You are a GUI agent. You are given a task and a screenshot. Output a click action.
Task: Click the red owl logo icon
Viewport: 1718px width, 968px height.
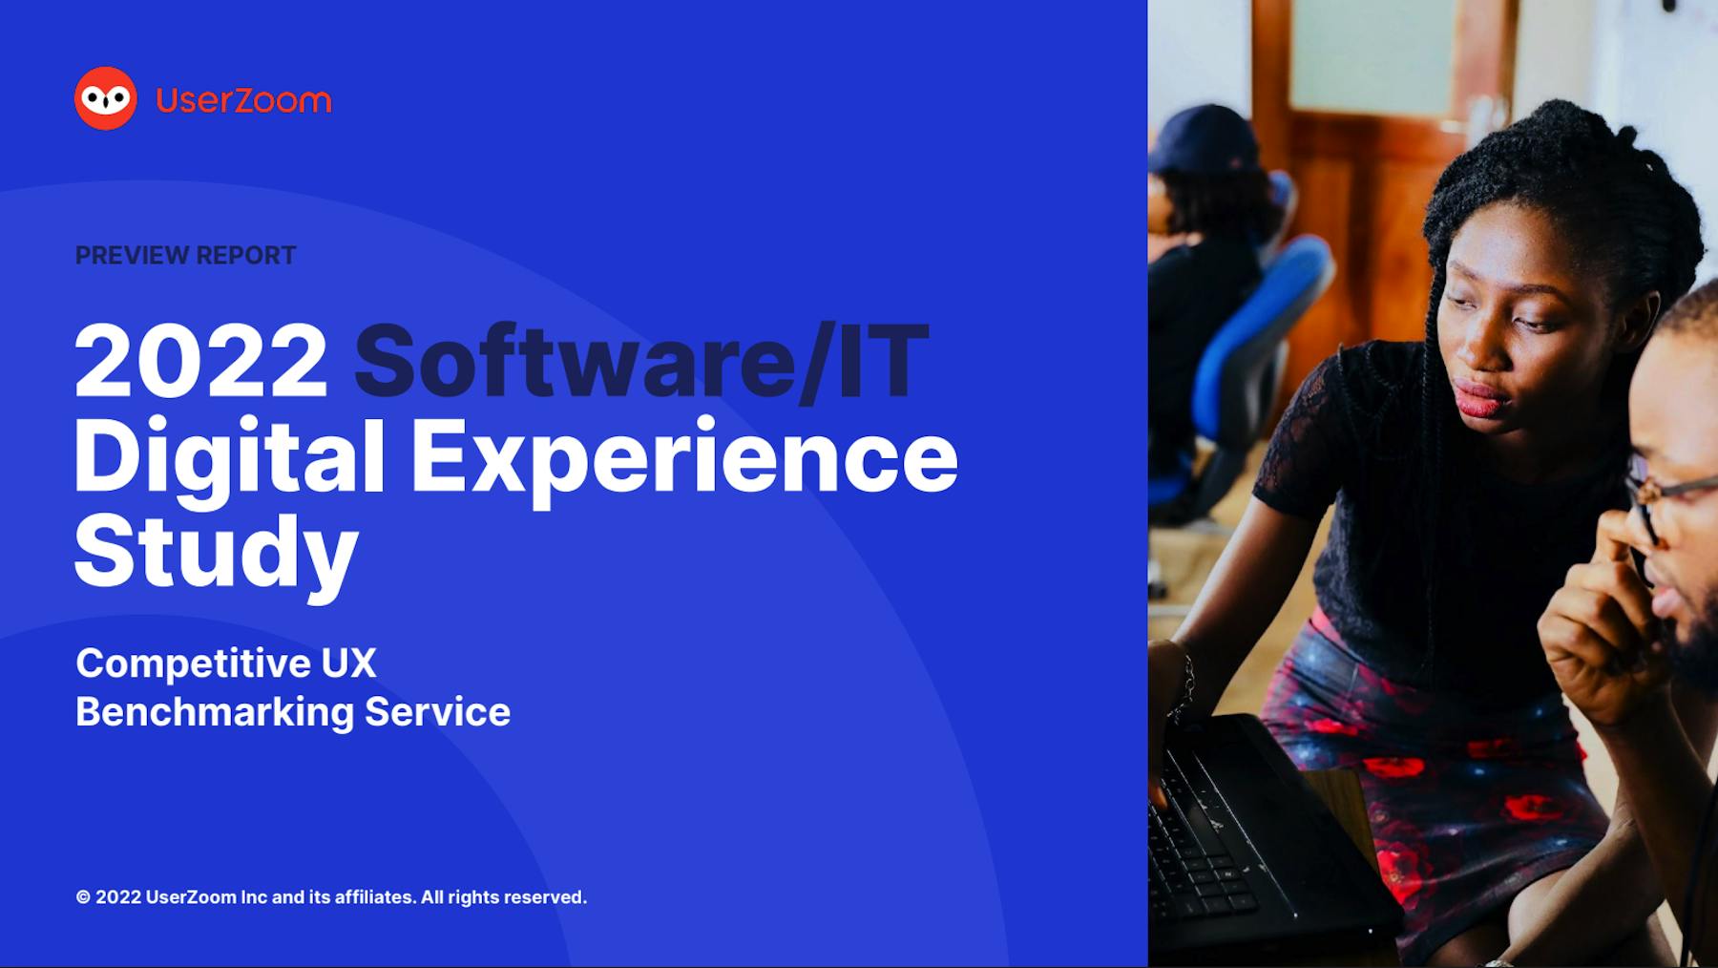[106, 98]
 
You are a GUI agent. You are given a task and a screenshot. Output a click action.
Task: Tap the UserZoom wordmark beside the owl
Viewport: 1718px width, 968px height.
[243, 99]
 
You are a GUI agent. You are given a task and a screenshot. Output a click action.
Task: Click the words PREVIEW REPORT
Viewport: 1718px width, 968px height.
[186, 256]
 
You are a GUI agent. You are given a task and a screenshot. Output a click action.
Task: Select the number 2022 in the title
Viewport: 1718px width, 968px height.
[201, 361]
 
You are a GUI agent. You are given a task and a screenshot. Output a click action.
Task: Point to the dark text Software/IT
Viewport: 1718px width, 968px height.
[641, 361]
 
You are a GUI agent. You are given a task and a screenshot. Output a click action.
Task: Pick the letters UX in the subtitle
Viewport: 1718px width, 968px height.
[348, 663]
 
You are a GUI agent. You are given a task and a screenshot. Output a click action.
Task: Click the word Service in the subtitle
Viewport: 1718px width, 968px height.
[438, 712]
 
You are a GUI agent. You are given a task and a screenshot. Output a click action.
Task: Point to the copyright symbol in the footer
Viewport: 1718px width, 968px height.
[83, 897]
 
